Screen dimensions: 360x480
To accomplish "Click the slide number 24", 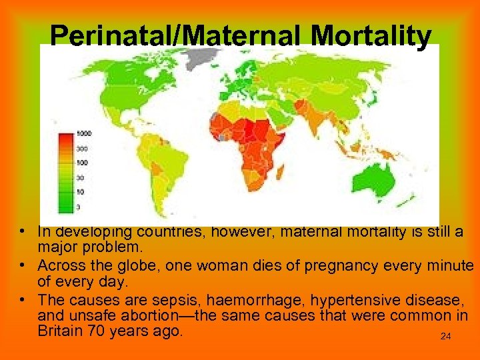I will click(x=446, y=337).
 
